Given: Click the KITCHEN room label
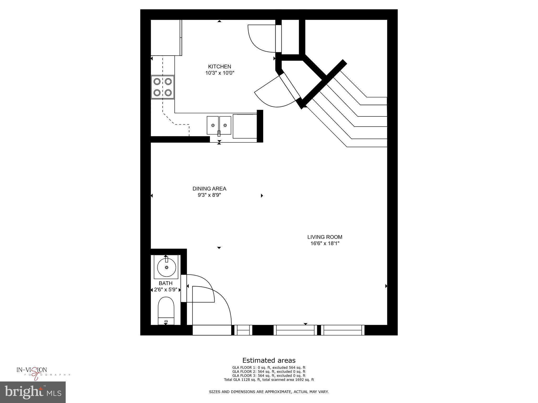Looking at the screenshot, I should click(x=219, y=67).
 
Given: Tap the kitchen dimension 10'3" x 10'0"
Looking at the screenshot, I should click(x=219, y=73).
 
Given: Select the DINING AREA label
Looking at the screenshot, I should click(x=209, y=189).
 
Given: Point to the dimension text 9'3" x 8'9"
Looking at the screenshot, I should click(x=209, y=195).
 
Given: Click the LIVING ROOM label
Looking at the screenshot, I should click(x=325, y=237).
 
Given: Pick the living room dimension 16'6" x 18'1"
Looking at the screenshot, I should click(x=325, y=243).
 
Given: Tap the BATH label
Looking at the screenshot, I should click(x=165, y=283).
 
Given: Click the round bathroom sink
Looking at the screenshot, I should click(x=167, y=267).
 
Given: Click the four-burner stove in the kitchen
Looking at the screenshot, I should click(x=163, y=87).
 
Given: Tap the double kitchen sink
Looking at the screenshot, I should click(x=219, y=125).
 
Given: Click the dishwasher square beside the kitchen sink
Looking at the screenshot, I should click(x=245, y=126).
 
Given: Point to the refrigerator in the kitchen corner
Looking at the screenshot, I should click(x=166, y=38).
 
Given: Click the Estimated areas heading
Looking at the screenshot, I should click(x=269, y=360).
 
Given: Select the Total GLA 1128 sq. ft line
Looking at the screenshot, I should click(x=269, y=380).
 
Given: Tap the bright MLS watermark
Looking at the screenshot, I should click(x=33, y=392).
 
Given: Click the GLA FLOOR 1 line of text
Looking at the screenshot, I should click(x=269, y=368).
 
